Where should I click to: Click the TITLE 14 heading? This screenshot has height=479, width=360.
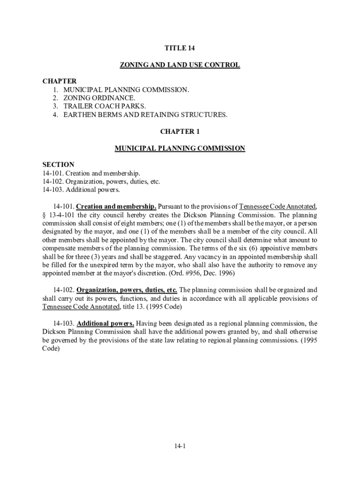coord(180,48)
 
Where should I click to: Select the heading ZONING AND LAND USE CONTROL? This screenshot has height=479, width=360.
coord(180,65)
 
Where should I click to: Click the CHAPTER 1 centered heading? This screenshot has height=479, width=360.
coord(180,131)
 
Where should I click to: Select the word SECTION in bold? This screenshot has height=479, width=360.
coord(58,165)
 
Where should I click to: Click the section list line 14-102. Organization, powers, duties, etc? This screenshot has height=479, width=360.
coord(101,181)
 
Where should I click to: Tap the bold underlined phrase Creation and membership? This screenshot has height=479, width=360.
coord(116,206)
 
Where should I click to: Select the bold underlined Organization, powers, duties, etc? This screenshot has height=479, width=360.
coord(127,290)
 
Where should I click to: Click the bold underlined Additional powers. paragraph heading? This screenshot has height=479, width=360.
coord(106,323)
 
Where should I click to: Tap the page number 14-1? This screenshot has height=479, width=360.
coord(180,446)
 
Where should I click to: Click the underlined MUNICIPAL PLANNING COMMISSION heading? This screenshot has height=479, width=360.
coord(180,148)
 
